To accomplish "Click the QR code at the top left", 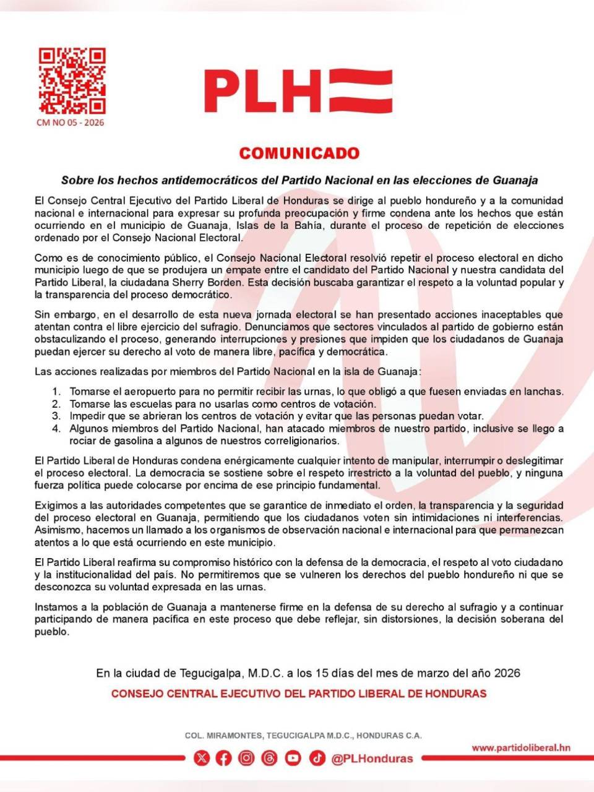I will tap(72, 81).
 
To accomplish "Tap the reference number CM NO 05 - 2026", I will tap(71, 123).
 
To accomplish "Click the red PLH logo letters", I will tap(263, 91).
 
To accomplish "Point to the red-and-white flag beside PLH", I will tap(361, 91).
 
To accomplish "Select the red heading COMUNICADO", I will tap(299, 153).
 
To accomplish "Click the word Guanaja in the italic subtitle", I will tap(515, 181).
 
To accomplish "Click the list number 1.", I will tap(56, 392).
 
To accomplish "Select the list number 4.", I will tap(56, 429).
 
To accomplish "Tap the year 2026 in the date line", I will tap(507, 673).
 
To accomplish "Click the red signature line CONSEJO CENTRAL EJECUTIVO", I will tap(299, 694).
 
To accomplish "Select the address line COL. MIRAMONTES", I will tap(303, 736).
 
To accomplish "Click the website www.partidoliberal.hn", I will tap(521, 747).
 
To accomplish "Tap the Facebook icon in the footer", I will tap(223, 758).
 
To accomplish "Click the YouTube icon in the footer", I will tap(293, 758).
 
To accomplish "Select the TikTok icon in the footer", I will tap(317, 758).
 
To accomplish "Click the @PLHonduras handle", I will tap(372, 759).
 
